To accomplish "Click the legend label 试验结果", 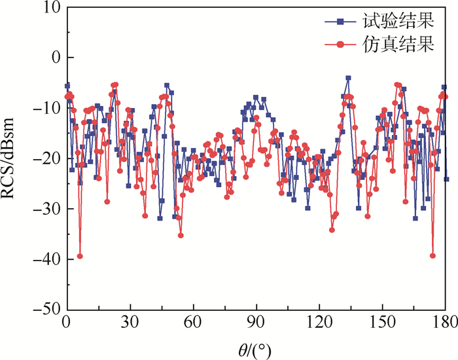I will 398,21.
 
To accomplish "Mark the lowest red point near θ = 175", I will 433,255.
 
